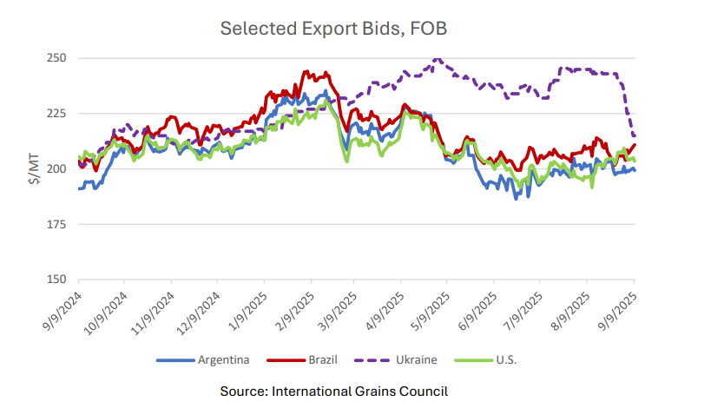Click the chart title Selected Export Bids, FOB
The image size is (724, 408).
pos(333,29)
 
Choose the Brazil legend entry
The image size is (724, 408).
pos(315,359)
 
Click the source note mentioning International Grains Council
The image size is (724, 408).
pos(333,391)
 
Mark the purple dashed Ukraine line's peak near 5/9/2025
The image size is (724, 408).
pos(437,59)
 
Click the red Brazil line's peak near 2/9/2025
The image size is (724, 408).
pos(306,72)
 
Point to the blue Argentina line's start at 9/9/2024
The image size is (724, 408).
pos(80,188)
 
